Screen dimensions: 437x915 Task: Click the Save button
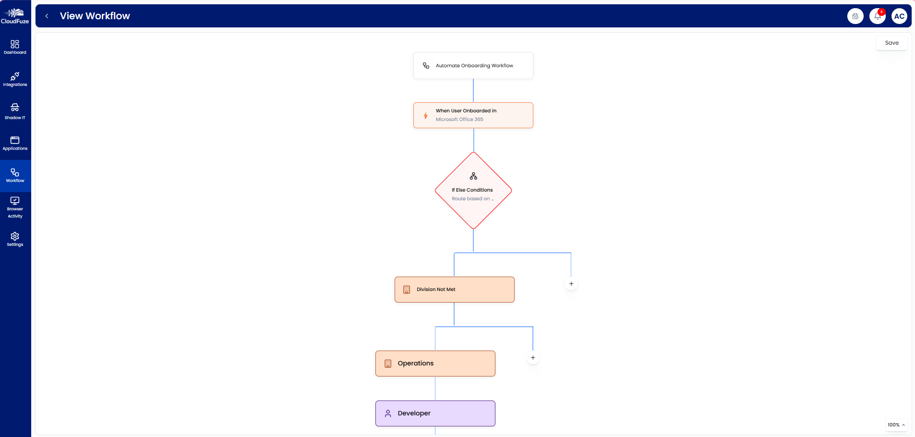(x=891, y=43)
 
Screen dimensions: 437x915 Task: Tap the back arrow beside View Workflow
(x=47, y=16)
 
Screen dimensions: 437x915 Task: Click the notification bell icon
(x=877, y=16)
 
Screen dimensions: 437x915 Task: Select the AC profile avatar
(x=899, y=16)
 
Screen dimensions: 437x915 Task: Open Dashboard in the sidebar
(x=15, y=47)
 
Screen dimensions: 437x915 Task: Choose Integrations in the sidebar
(x=15, y=79)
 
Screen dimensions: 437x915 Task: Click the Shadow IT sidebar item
(x=15, y=111)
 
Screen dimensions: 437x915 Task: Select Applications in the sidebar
(x=15, y=143)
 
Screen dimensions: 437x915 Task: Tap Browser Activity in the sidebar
(x=15, y=207)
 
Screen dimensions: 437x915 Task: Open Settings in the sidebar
(x=15, y=239)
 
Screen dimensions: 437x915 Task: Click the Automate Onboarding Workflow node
(x=473, y=66)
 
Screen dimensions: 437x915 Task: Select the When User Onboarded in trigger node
(x=473, y=115)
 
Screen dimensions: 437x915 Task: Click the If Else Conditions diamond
(x=473, y=191)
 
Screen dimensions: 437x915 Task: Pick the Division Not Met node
(x=454, y=290)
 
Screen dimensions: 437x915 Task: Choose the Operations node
(x=435, y=364)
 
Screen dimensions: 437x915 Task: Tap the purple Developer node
(x=435, y=413)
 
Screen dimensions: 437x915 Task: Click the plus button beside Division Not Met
(x=571, y=284)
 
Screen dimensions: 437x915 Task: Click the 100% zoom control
(x=896, y=425)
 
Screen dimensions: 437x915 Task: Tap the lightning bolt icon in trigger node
(x=425, y=116)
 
